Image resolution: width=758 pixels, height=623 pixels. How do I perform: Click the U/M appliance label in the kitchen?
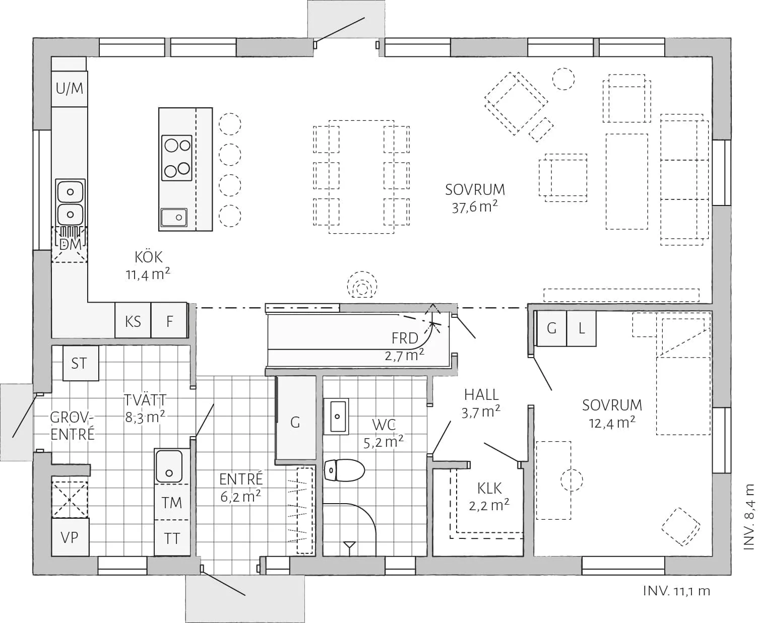(x=70, y=88)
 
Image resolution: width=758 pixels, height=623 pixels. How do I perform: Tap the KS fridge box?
(x=133, y=320)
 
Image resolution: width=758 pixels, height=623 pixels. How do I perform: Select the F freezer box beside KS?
(x=169, y=320)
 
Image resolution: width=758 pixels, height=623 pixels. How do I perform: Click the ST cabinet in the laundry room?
(x=81, y=363)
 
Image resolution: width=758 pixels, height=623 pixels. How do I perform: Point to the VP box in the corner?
(x=70, y=537)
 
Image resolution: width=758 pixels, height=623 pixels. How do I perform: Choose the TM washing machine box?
(x=172, y=502)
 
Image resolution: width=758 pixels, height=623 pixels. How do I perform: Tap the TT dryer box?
(x=172, y=538)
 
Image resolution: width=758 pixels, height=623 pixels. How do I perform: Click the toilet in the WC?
(x=344, y=470)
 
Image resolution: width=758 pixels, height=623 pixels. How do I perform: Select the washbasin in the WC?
(x=336, y=416)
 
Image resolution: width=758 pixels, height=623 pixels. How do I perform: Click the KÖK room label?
(x=149, y=257)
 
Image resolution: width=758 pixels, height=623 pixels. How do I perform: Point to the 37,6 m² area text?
(x=475, y=207)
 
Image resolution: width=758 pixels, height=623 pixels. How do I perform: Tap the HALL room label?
(x=482, y=395)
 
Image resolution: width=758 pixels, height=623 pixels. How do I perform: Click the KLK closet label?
(x=489, y=489)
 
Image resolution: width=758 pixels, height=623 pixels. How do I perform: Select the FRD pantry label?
(x=405, y=338)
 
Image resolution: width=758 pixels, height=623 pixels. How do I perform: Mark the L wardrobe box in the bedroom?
(x=581, y=328)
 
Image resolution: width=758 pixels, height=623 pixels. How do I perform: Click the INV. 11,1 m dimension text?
(x=677, y=591)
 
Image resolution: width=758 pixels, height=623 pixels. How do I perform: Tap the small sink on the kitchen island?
(x=174, y=217)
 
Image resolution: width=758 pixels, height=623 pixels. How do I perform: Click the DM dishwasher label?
(x=70, y=245)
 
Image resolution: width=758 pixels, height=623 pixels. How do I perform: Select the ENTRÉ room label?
(x=241, y=479)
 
